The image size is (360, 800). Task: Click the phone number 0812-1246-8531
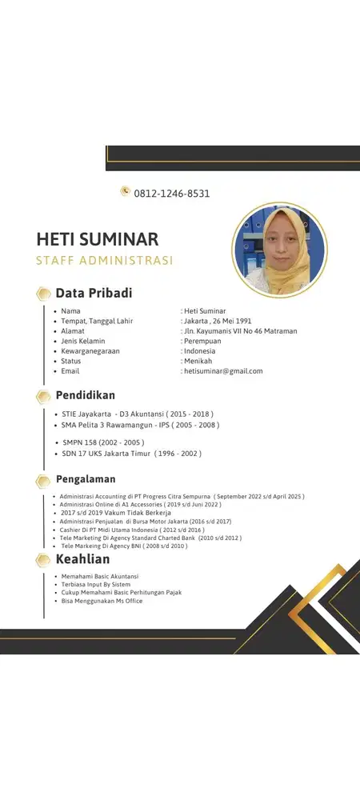[172, 193]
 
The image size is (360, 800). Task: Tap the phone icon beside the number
[126, 191]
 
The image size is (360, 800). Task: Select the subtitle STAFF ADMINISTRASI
[105, 260]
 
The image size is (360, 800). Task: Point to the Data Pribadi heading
[94, 293]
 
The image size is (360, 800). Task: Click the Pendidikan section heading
[85, 395]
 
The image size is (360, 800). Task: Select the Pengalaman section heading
[86, 479]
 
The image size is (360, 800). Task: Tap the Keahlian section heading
[82, 559]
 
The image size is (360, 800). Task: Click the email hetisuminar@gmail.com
[223, 371]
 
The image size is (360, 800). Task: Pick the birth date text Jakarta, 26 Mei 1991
[217, 321]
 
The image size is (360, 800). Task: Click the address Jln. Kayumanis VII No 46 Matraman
[240, 331]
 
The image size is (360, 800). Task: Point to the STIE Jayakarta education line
[138, 414]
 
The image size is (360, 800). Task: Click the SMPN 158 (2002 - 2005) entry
[102, 442]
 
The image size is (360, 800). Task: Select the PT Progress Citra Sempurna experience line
[182, 496]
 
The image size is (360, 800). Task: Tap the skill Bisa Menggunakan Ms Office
[102, 601]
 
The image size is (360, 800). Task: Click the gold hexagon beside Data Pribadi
[43, 294]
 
